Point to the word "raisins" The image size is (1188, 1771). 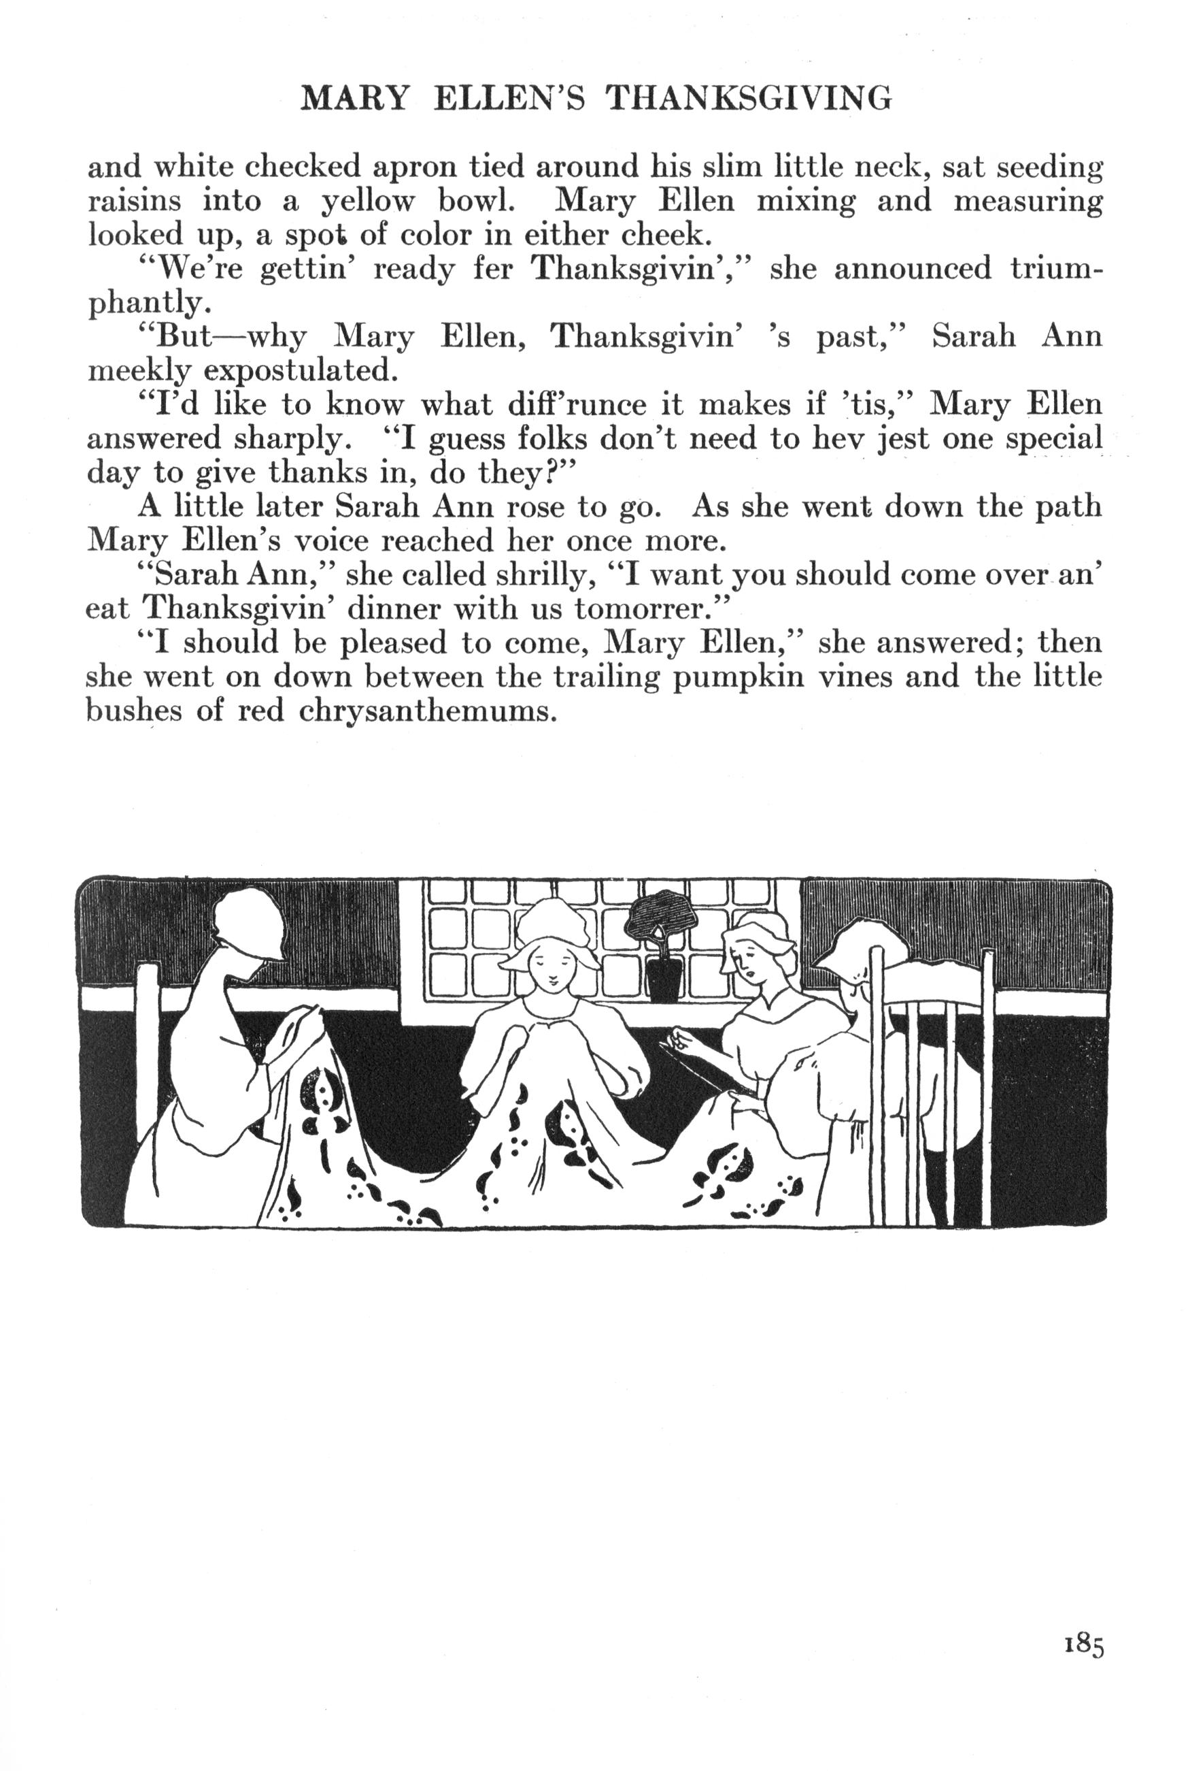click(x=135, y=201)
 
